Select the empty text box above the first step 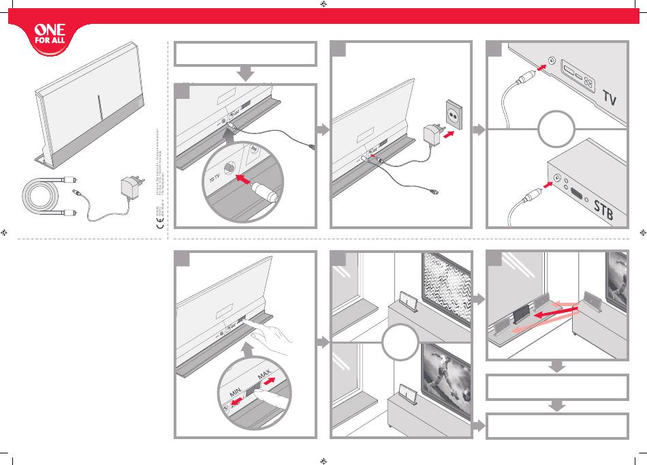pos(245,55)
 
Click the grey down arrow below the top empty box pos(245,74)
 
